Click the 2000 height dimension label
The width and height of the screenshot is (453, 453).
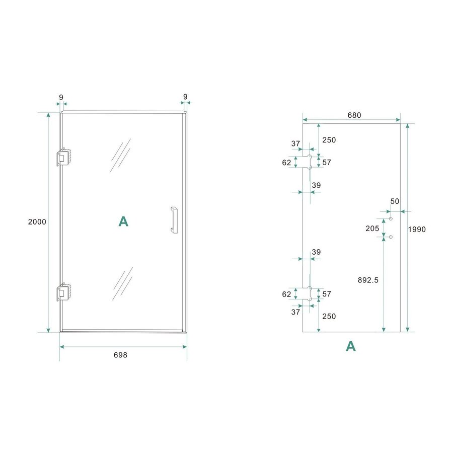pos(37,222)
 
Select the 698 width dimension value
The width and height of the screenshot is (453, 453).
pos(120,355)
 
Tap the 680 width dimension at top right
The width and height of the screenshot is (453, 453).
pos(354,115)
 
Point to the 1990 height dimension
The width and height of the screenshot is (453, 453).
pos(417,230)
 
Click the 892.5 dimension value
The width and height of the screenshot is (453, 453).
pos(368,280)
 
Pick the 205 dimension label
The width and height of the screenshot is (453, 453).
pos(372,228)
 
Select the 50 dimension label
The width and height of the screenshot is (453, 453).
pos(395,201)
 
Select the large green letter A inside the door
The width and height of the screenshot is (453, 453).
pos(123,222)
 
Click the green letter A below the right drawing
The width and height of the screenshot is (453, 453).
pos(351,346)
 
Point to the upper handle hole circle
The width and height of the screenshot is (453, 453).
pos(391,219)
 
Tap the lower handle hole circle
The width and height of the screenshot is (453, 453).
pos(391,237)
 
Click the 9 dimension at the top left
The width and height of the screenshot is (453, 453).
pos(61,96)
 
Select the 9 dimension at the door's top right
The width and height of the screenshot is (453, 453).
pos(185,96)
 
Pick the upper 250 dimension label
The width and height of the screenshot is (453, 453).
pos(329,140)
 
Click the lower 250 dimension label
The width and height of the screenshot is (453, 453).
pos(329,316)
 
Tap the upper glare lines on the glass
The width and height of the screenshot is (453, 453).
pos(121,155)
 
